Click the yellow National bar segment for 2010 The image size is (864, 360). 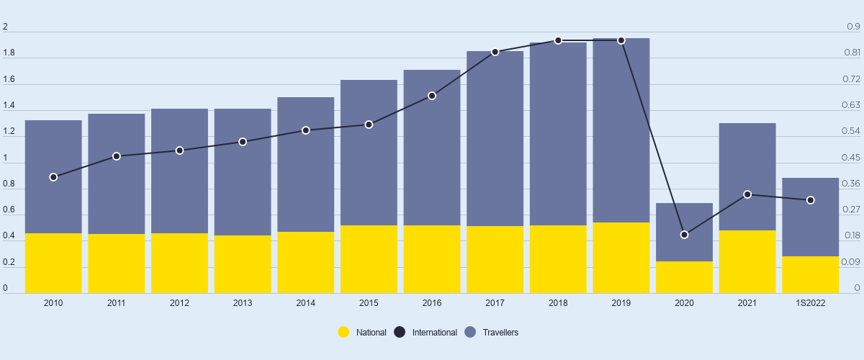click(x=53, y=263)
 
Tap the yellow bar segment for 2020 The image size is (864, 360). click(x=684, y=277)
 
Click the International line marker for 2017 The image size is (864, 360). click(x=495, y=52)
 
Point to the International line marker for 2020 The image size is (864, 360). click(x=685, y=235)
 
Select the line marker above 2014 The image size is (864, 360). click(x=306, y=130)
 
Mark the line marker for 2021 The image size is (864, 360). click(x=747, y=194)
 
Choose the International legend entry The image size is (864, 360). click(x=426, y=333)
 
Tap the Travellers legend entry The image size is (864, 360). click(x=491, y=333)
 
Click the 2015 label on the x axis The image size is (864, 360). click(x=369, y=303)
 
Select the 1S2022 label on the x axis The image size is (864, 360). click(x=811, y=303)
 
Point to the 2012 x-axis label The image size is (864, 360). click(x=179, y=303)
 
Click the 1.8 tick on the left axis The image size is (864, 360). click(x=9, y=53)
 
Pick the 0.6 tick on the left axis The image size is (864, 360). click(x=9, y=210)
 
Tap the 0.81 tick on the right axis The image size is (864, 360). click(x=852, y=53)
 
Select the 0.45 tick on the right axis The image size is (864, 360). click(x=852, y=158)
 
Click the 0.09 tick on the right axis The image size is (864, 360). click(x=852, y=262)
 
